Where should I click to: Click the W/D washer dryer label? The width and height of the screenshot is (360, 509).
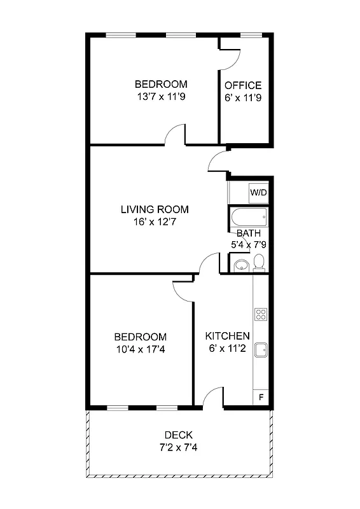258,192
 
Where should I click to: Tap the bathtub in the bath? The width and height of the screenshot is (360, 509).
249,217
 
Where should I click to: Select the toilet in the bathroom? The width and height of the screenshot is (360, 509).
259,262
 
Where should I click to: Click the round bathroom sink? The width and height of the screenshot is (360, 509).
240,265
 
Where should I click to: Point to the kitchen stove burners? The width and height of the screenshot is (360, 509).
261,314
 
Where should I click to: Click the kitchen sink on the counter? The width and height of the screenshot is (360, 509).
261,349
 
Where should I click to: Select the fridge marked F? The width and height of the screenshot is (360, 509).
261,398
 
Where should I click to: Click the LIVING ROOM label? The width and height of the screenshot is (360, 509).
155,209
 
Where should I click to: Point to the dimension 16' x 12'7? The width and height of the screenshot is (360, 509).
155,222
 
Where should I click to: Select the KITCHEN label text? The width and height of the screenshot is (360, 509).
227,336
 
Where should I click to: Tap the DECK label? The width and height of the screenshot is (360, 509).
179,435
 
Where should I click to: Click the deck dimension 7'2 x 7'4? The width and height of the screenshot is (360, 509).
179,447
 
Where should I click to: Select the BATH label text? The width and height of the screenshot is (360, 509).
249,233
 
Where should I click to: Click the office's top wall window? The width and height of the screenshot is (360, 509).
251,34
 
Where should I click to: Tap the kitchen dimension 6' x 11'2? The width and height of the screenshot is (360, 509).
227,349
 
